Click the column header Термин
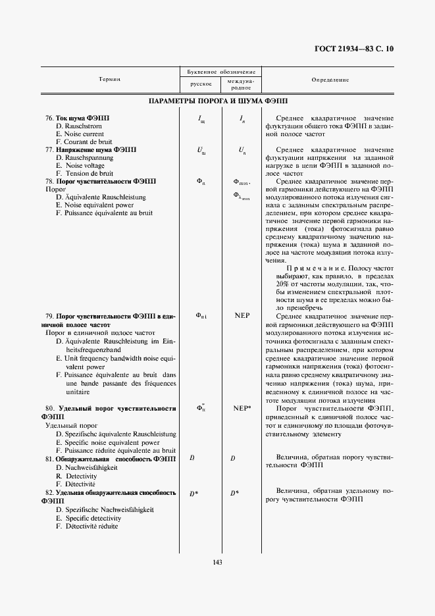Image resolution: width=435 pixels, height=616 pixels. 109,79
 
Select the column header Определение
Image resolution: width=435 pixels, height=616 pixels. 330,80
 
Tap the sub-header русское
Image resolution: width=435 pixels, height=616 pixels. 200,84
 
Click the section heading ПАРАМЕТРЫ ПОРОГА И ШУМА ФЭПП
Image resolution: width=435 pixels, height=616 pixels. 218,102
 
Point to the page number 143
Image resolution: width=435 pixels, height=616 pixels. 217,561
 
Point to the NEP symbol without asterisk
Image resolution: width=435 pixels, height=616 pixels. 242,315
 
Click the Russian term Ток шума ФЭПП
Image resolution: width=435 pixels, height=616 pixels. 83,118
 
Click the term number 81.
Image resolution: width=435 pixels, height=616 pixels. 49,458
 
